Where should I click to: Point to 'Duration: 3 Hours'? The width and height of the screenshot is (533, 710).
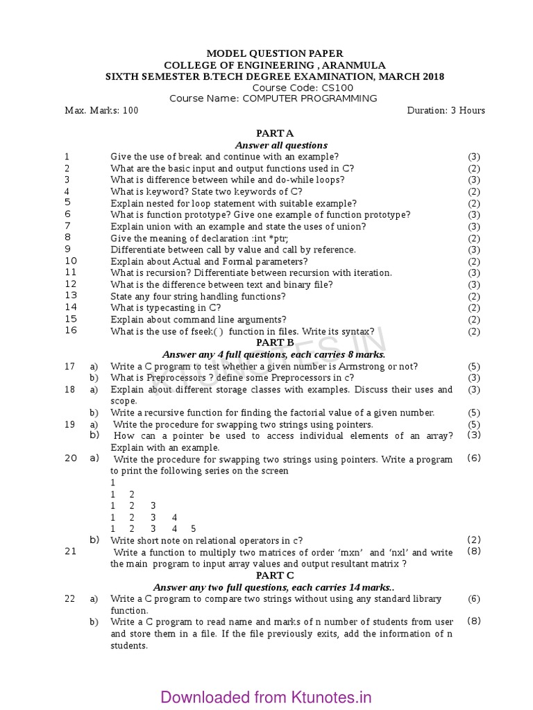pyautogui.click(x=446, y=110)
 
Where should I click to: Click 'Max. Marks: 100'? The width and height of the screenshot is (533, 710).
pyautogui.click(x=101, y=110)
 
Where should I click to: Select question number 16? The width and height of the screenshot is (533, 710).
pyautogui.click(x=70, y=331)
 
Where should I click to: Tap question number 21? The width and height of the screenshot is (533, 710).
pyautogui.click(x=70, y=551)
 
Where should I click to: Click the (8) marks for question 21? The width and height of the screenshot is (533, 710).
pyautogui.click(x=474, y=551)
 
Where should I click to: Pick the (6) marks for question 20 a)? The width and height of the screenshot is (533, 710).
pyautogui.click(x=474, y=458)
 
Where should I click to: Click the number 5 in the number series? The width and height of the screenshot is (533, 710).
pyautogui.click(x=194, y=529)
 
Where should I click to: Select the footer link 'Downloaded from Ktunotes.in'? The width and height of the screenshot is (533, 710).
pyautogui.click(x=266, y=697)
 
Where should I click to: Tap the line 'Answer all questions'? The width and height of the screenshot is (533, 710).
pyautogui.click(x=281, y=145)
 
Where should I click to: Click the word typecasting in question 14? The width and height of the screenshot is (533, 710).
pyautogui.click(x=177, y=308)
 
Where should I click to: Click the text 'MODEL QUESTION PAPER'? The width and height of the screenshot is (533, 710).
pyautogui.click(x=275, y=53)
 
